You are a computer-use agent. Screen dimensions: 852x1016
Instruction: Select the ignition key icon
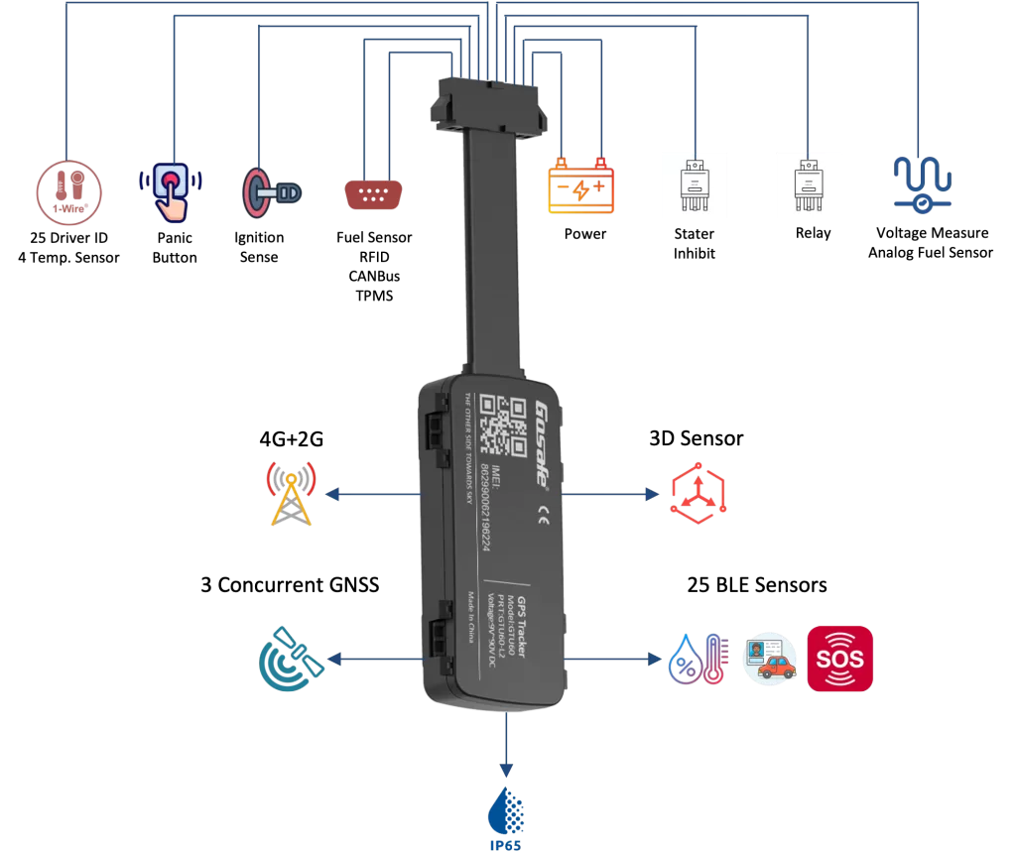click(271, 189)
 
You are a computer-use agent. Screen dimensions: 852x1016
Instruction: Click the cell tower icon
click(290, 493)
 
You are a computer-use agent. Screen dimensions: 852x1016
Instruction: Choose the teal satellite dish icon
click(290, 659)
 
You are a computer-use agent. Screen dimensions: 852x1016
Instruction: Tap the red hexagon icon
click(698, 494)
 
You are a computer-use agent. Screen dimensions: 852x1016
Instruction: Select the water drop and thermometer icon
click(698, 659)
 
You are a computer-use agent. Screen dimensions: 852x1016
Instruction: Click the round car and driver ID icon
click(770, 659)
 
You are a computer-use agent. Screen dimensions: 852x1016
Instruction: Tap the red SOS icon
click(839, 659)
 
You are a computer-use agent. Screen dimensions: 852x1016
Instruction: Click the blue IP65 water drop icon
click(506, 815)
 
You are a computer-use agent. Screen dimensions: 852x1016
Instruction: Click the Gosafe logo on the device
click(542, 442)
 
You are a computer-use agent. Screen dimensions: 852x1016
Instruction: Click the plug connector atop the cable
click(491, 106)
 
